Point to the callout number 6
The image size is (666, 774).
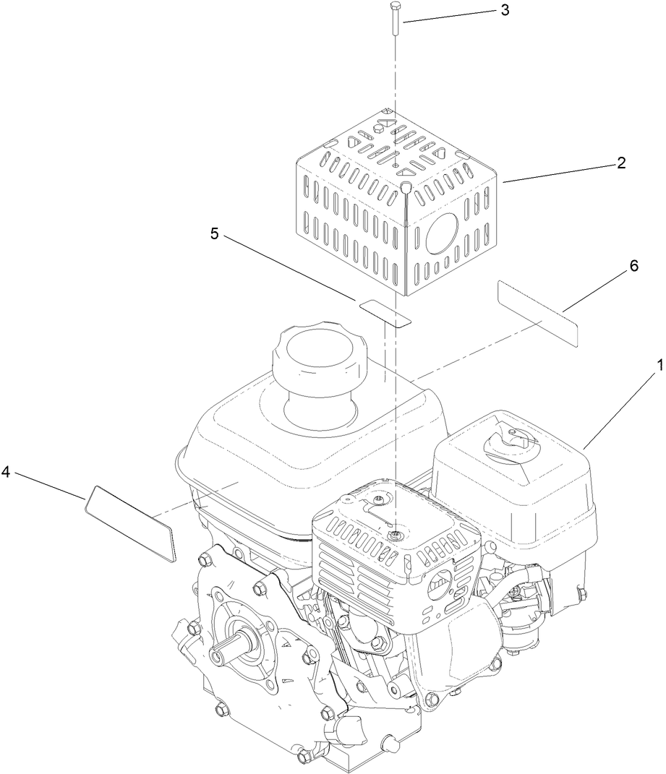coord(634,265)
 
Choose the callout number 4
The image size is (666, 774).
coord(6,472)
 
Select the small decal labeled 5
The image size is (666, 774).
coord(385,311)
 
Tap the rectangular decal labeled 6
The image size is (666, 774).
coord(538,314)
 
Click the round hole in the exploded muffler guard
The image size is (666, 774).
coord(443,235)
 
